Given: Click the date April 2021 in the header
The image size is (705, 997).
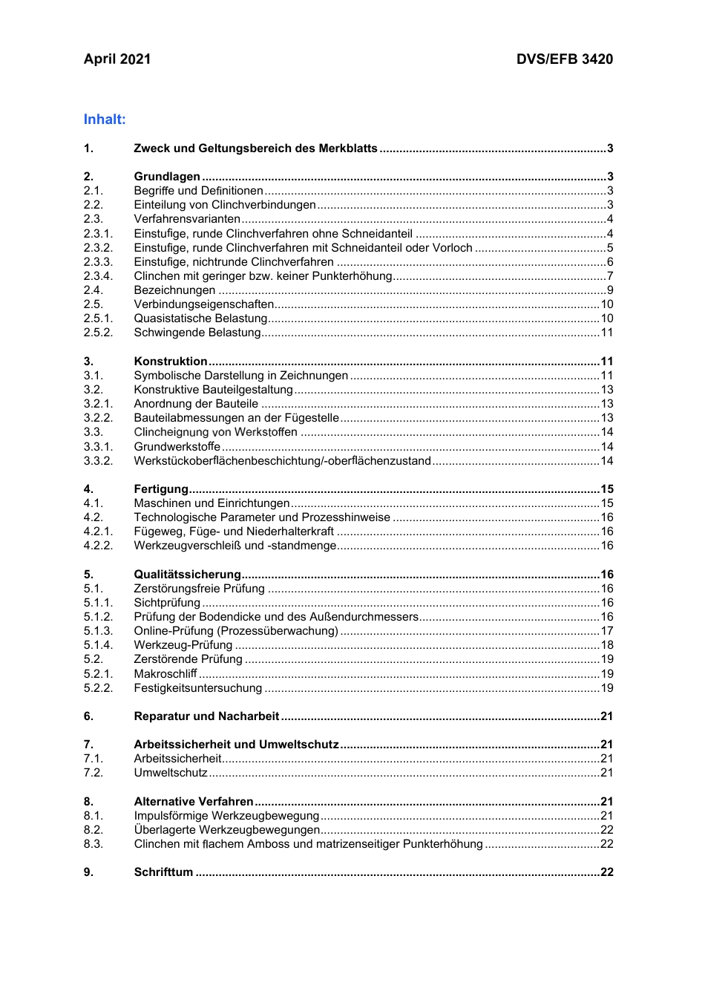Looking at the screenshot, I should [x=117, y=59].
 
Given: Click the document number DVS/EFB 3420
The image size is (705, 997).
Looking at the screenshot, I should [x=564, y=59].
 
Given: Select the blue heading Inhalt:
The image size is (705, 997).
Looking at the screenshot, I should [x=105, y=120].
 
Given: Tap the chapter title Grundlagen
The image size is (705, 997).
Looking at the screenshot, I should [x=167, y=177].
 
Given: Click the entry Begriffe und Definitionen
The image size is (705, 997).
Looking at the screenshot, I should [x=198, y=191].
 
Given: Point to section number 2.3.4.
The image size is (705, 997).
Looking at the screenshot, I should [x=98, y=276].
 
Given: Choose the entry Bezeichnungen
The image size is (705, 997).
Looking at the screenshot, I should [x=174, y=290].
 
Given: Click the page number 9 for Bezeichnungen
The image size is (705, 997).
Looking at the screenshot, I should [x=610, y=290].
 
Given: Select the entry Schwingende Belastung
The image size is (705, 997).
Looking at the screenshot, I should [x=197, y=333].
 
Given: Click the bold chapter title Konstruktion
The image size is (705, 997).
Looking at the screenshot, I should [x=171, y=362].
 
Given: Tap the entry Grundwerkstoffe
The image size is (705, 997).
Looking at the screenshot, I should [x=177, y=447].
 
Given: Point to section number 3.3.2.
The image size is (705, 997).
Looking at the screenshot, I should [x=98, y=461].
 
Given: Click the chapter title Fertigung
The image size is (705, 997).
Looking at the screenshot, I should [x=161, y=489].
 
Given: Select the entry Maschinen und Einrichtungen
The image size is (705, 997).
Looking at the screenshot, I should [x=211, y=503].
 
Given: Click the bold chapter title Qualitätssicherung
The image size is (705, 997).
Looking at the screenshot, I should [x=187, y=575].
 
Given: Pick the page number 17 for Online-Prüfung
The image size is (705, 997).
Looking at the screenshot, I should [x=607, y=631].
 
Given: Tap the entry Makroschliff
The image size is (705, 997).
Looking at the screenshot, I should [x=165, y=674].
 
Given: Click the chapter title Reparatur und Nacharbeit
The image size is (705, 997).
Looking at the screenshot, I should [x=206, y=716].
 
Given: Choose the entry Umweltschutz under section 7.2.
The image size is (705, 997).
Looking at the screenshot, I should [x=171, y=773].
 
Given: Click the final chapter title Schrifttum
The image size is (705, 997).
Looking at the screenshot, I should [x=163, y=872].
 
